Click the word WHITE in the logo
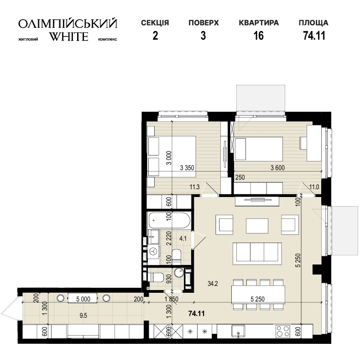[69, 36]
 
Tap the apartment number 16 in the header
[259, 36]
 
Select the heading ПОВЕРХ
[203, 23]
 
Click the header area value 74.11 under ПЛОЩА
[314, 36]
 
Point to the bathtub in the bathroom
[169, 220]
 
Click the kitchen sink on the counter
[238, 331]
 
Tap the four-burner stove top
[282, 331]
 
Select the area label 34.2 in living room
[213, 283]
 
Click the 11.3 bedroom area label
[194, 187]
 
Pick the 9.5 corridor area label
[83, 315]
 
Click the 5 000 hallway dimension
[83, 299]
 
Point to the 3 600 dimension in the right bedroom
[277, 168]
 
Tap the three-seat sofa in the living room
[257, 254]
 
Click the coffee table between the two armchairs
[257, 226]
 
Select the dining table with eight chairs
[258, 295]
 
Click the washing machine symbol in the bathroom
[153, 251]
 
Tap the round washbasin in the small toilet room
[178, 273]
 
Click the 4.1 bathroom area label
[183, 238]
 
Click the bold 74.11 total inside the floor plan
[197, 313]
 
